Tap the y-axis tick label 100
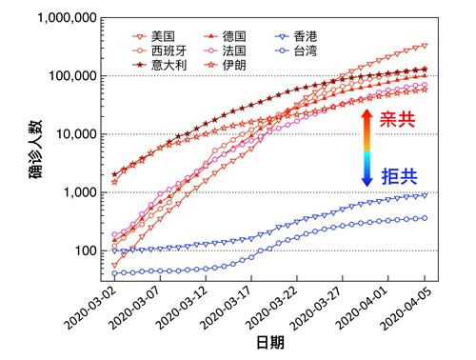click(x=88, y=251)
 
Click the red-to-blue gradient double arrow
click(x=367, y=147)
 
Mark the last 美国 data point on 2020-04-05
click(x=424, y=46)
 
